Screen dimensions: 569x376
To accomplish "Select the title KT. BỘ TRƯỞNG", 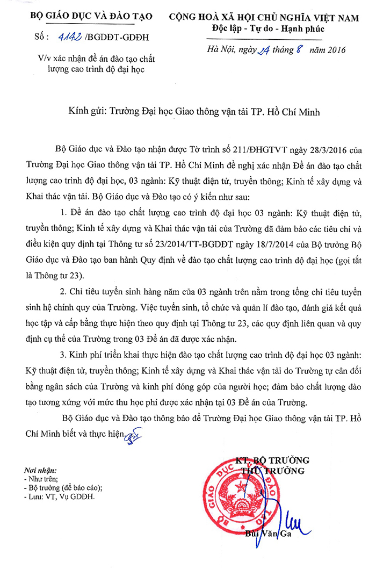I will tap(272, 460).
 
